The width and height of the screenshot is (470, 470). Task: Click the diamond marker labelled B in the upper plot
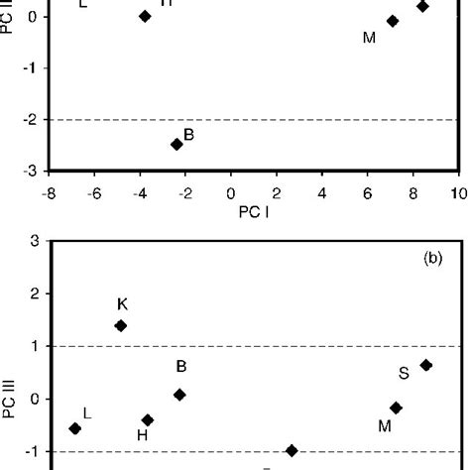point(176,144)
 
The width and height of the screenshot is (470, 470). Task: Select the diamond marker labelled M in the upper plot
point(393,21)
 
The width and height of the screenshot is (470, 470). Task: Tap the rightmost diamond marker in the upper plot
point(422,6)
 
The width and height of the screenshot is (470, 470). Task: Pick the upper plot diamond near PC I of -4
point(145,16)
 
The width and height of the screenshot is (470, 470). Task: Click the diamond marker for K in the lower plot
point(121,325)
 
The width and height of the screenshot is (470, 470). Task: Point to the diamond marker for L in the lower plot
point(74,428)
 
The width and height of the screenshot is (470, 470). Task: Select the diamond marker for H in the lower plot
point(148,420)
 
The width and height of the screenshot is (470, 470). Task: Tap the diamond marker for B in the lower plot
point(179,395)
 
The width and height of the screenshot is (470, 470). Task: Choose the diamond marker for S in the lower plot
point(426,365)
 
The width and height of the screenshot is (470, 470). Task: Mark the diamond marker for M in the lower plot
point(397,408)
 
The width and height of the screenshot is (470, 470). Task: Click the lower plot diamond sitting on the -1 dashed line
point(292,450)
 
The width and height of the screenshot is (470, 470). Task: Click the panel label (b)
point(432,257)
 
